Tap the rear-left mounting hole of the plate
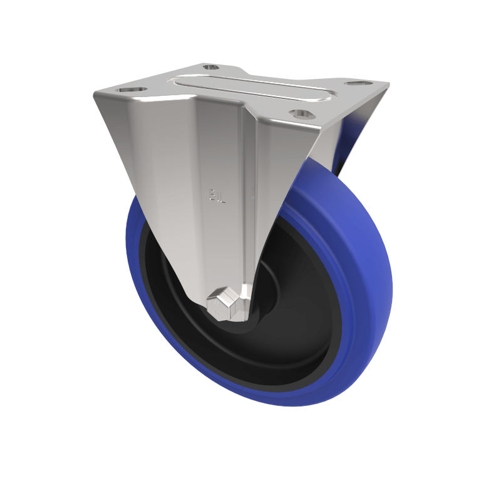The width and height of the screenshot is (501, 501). coord(212,67)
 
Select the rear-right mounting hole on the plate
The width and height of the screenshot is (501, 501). coord(356,83)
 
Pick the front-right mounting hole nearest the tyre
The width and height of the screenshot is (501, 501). coord(302,113)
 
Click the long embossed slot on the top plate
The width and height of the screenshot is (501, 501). coord(250,88)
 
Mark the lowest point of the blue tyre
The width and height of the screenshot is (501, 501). coord(282,404)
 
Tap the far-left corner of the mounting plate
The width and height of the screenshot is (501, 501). coord(95,94)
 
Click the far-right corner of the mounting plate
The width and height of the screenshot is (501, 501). coord(388,85)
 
